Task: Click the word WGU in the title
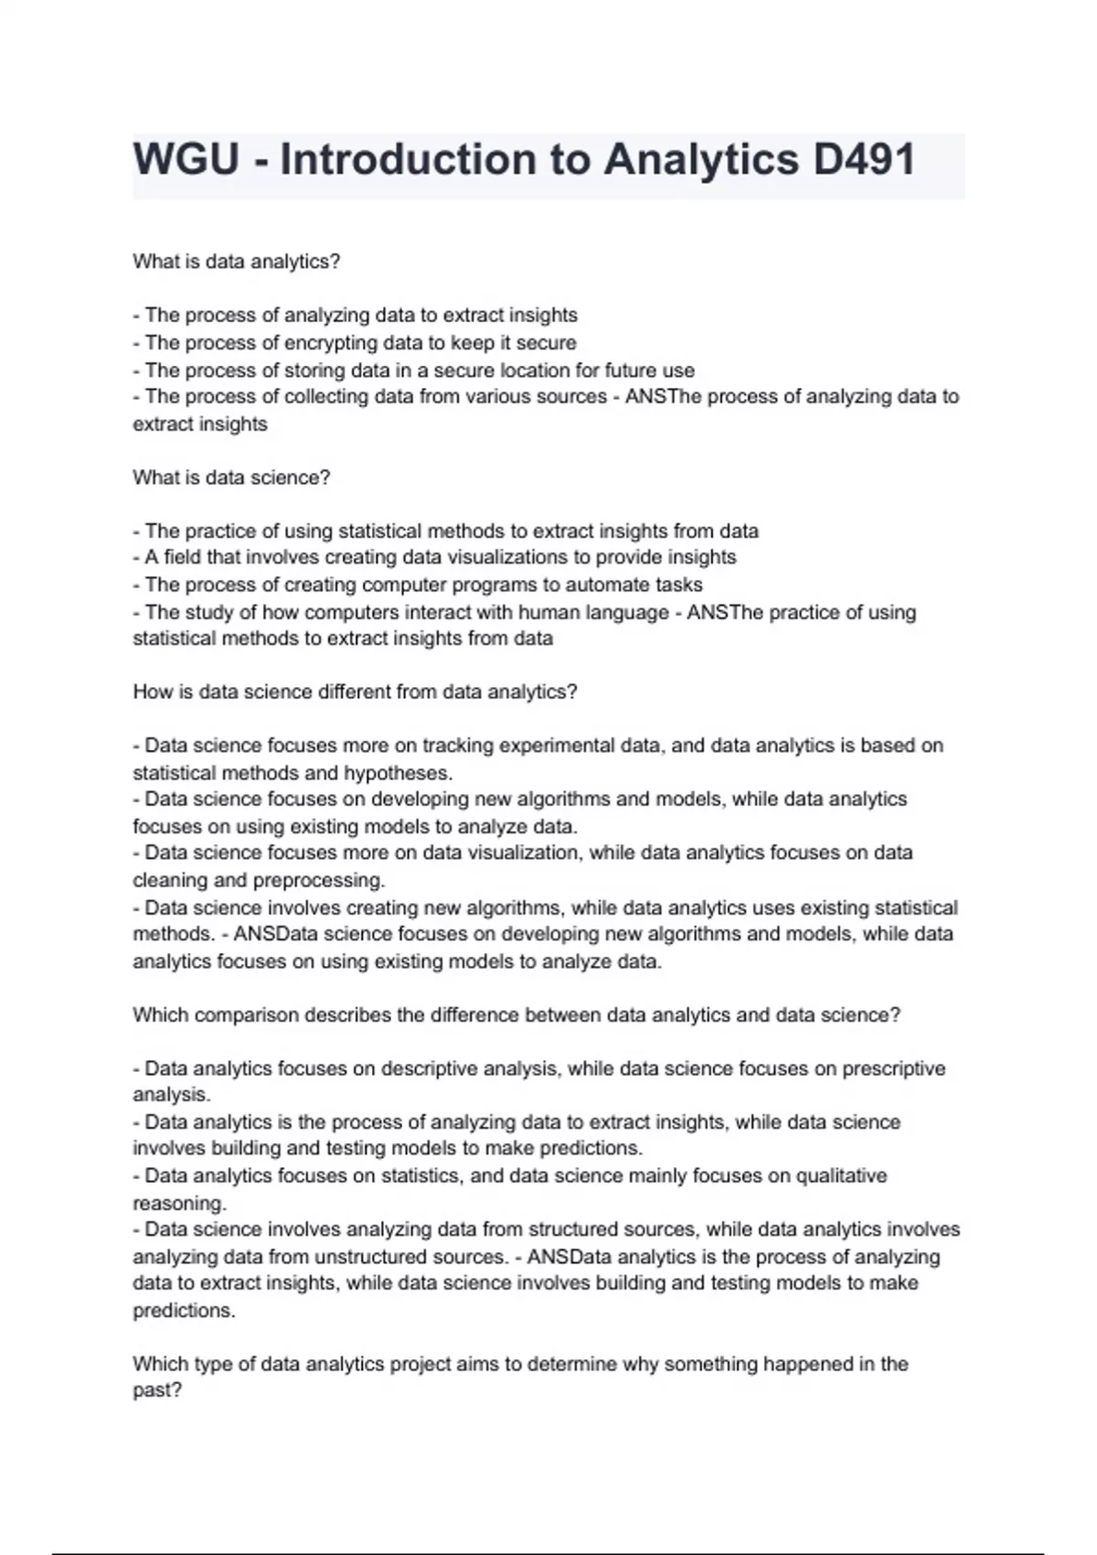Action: [186, 160]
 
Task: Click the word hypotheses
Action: [398, 773]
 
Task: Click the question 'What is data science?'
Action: [231, 477]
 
